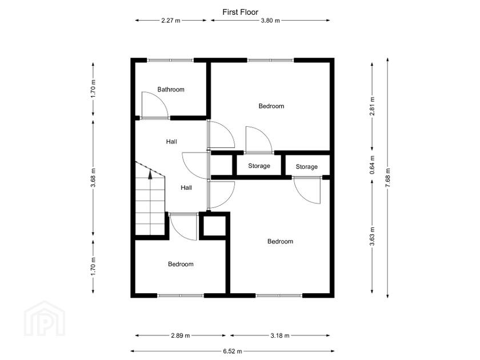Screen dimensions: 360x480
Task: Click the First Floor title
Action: click(240, 11)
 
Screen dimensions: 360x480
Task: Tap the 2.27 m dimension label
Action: click(171, 21)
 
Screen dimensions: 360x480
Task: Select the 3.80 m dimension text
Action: click(270, 21)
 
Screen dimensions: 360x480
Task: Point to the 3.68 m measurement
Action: click(94, 178)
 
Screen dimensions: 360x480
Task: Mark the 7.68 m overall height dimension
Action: click(388, 178)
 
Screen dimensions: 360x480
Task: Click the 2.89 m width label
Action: click(180, 335)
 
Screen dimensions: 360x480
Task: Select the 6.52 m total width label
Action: click(231, 351)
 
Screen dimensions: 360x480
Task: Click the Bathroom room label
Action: click(171, 90)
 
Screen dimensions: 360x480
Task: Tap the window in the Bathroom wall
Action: click(170, 60)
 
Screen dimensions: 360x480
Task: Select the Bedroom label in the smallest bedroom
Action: click(181, 264)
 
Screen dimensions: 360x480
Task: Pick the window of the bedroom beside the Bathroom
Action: click(271, 60)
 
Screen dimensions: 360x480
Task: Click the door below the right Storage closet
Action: click(309, 190)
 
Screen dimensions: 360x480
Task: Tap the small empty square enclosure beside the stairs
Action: click(214, 227)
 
